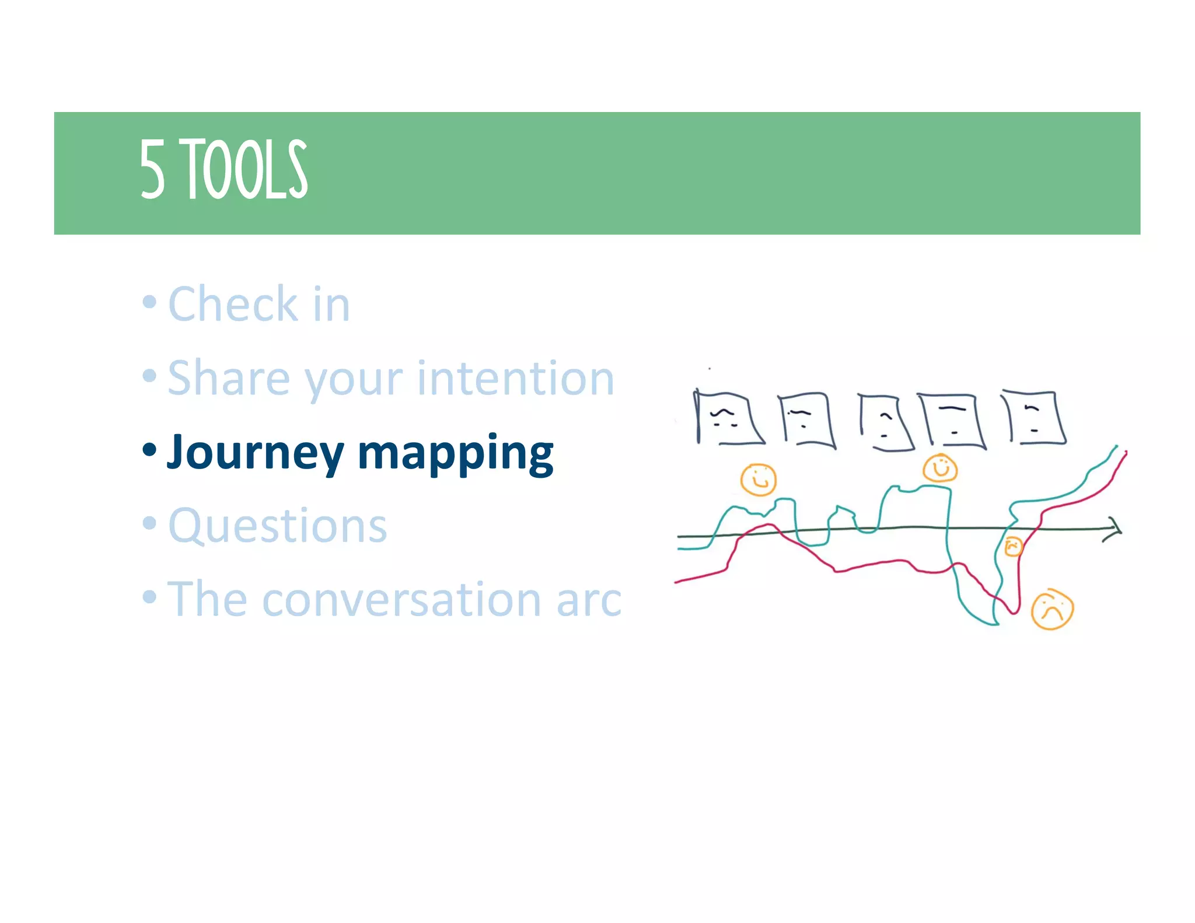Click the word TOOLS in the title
click(246, 169)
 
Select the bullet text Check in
click(258, 304)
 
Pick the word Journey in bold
click(256, 452)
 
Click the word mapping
click(455, 453)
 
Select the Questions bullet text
click(278, 526)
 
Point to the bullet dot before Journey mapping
click(149, 450)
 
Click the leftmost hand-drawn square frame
click(727, 418)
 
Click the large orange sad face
click(1052, 610)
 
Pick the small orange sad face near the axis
click(1013, 547)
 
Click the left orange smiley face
click(758, 480)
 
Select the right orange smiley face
click(940, 468)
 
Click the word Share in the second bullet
click(229, 378)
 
